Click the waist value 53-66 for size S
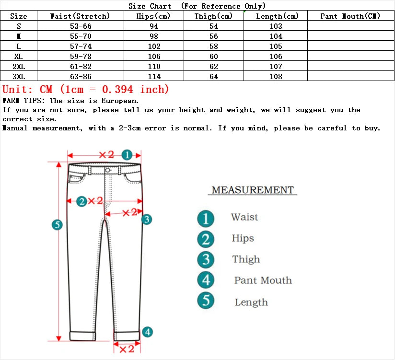[x=81, y=26]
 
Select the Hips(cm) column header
[x=154, y=16]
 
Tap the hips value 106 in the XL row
[x=154, y=57]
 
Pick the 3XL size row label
[x=19, y=77]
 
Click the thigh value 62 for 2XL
[x=213, y=67]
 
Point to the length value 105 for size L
[x=276, y=46]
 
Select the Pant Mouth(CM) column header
[x=350, y=16]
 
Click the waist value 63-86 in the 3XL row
[x=81, y=77]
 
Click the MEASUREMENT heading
[x=252, y=190]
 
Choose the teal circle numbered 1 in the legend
[x=206, y=219]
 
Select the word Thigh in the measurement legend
[x=246, y=259]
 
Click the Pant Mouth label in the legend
[x=263, y=280]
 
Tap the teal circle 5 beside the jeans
[x=57, y=224]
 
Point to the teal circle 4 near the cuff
[x=148, y=332]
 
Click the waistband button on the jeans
[x=107, y=170]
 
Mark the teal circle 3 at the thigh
[x=147, y=219]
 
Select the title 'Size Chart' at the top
[x=150, y=6]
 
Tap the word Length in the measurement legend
[x=251, y=302]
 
